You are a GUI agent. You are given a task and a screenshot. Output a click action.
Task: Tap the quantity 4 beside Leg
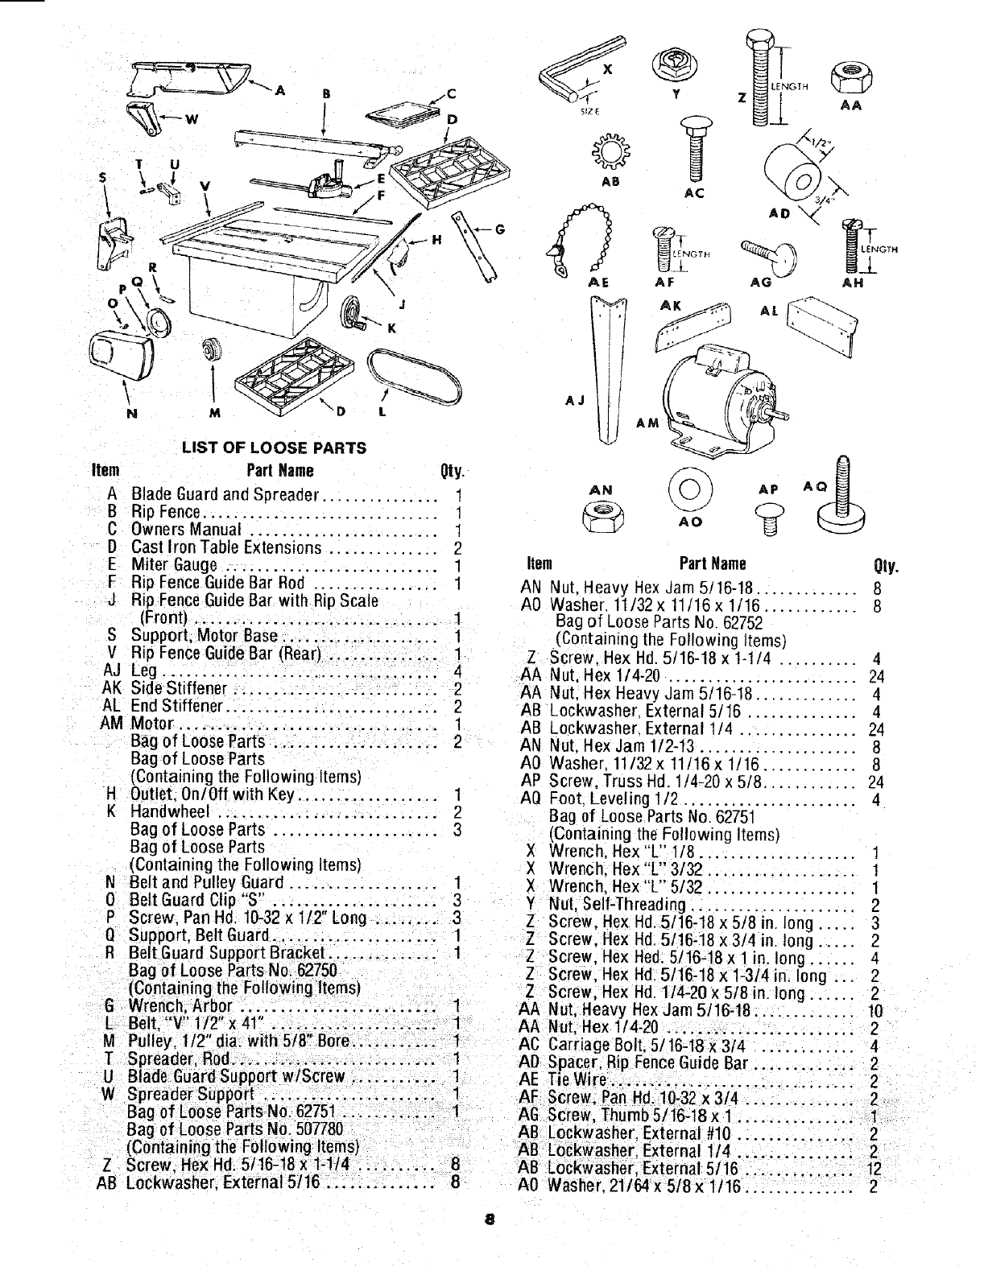(457, 671)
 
